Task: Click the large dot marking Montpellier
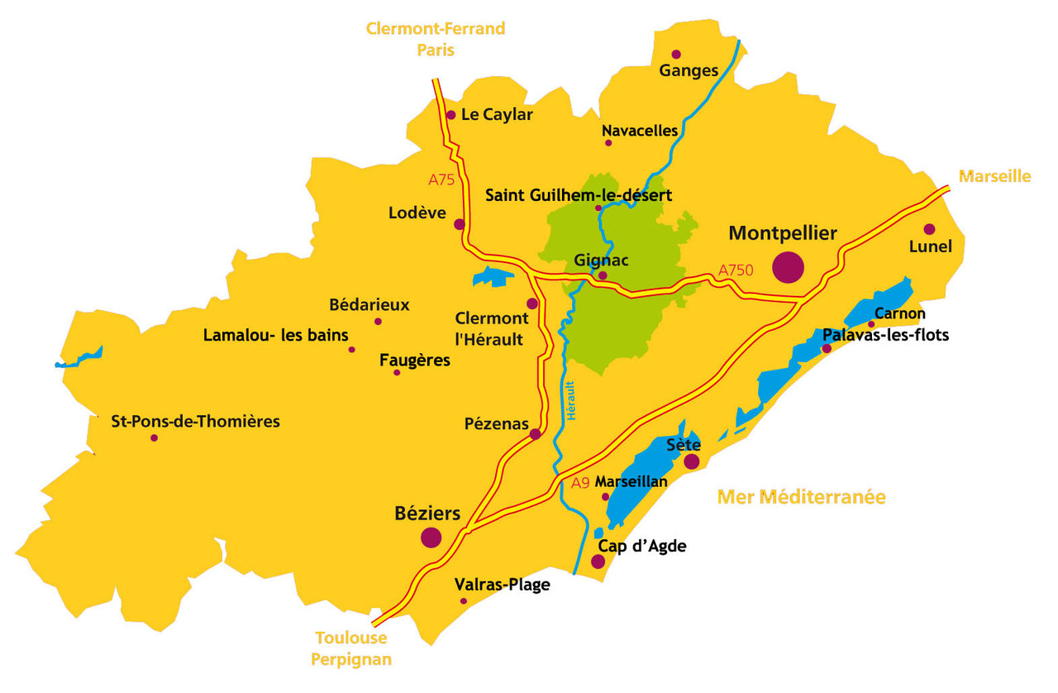click(788, 266)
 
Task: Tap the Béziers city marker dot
click(431, 538)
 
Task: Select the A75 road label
click(442, 179)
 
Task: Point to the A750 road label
click(736, 270)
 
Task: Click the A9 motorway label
click(581, 483)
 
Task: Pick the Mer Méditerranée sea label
click(801, 497)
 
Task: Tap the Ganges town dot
click(676, 55)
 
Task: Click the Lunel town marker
click(929, 229)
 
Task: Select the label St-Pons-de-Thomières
click(195, 422)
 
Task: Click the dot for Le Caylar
click(450, 115)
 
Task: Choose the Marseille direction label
click(994, 176)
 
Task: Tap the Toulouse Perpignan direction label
click(351, 648)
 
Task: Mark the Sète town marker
click(691, 461)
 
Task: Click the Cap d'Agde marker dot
click(598, 562)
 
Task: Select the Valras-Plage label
click(502, 585)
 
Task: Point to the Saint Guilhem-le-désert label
click(579, 196)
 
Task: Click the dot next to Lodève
click(460, 224)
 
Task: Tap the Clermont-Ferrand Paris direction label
click(436, 39)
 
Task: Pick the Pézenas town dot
click(535, 434)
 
